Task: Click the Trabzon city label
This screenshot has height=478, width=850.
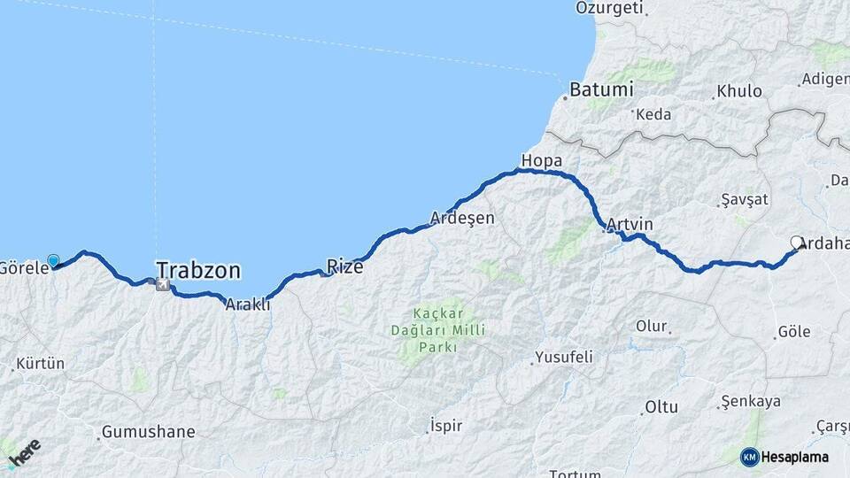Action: pos(198,268)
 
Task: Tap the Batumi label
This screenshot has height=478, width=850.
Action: pos(601,89)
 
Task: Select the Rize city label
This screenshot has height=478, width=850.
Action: pos(345,266)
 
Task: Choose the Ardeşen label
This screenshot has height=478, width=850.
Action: pos(462,218)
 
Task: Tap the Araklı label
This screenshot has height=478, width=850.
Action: pos(247,305)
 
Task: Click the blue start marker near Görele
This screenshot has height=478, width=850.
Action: pos(53,260)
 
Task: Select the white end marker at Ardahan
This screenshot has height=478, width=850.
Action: pos(796,243)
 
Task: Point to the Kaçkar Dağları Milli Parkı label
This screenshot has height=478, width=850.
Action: pos(434,330)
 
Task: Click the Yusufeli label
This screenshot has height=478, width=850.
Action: pos(563,358)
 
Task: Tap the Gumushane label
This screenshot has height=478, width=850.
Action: pos(147,432)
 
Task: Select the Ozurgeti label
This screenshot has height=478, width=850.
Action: pos(609,8)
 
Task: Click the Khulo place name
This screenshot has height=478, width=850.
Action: pos(738,91)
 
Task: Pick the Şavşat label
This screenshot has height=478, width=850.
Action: pos(744,199)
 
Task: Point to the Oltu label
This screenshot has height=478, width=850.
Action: pos(661,407)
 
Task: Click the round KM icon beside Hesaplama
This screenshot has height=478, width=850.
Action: pos(749,457)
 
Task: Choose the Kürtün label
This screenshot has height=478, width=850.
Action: pos(41,364)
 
